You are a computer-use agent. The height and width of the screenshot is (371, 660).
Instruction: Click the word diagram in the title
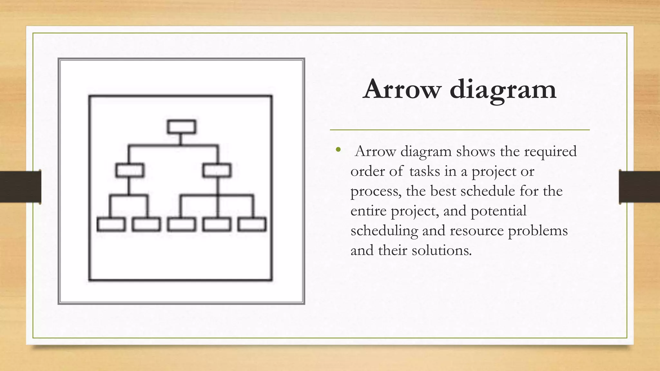pyautogui.click(x=503, y=90)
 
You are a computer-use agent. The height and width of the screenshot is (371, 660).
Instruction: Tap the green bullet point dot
pyautogui.click(x=338, y=149)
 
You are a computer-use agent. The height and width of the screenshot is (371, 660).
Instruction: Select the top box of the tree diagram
pyautogui.click(x=181, y=127)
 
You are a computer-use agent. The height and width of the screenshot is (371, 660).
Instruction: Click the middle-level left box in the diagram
pyautogui.click(x=130, y=170)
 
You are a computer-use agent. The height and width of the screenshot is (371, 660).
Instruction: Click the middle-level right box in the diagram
pyautogui.click(x=217, y=170)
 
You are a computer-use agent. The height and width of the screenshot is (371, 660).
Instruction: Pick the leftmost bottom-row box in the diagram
pyautogui.click(x=111, y=224)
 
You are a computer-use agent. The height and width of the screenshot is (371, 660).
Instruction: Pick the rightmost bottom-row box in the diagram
pyautogui.click(x=252, y=224)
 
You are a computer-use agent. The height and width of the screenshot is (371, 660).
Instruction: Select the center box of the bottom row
pyautogui.click(x=181, y=224)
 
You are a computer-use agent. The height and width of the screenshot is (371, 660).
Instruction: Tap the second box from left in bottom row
pyautogui.click(x=146, y=224)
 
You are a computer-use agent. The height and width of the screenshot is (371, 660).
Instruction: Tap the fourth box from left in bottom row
pyautogui.click(x=217, y=224)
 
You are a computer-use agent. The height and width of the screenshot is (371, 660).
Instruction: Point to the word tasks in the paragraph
pyautogui.click(x=424, y=171)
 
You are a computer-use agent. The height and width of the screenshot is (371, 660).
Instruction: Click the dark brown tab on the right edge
pyautogui.click(x=639, y=187)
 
